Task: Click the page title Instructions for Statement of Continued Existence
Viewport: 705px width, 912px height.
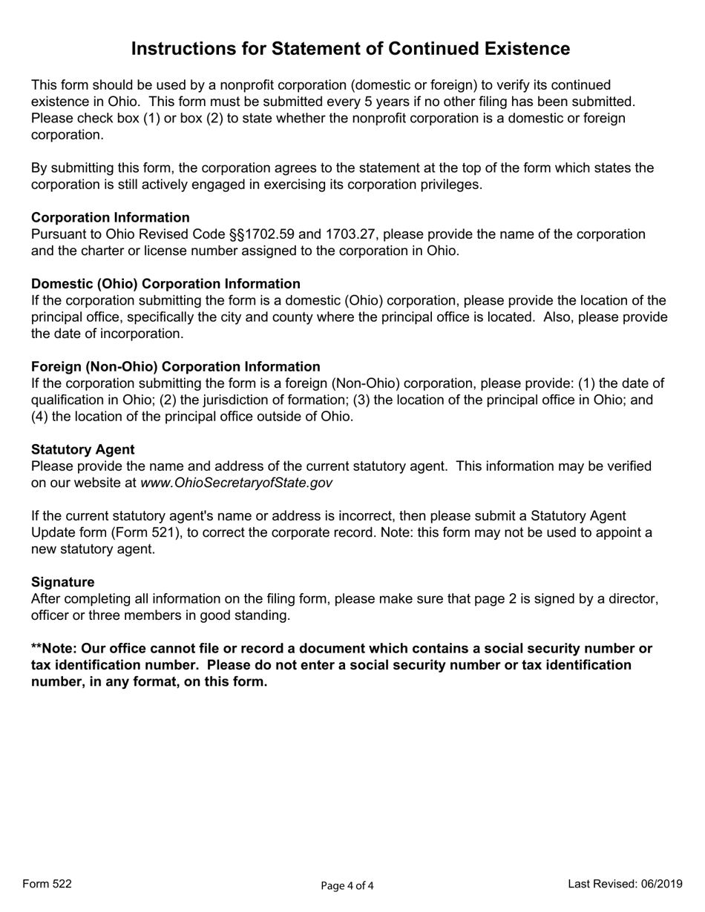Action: [350, 49]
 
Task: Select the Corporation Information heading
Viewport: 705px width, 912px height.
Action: [110, 217]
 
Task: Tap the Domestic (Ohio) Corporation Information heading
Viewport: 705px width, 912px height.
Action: [165, 284]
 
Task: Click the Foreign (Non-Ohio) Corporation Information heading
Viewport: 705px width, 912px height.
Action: [175, 366]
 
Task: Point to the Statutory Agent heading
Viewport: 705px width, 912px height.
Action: [82, 449]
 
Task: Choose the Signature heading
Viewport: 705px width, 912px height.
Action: [62, 582]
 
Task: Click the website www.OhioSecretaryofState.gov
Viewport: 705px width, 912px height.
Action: [236, 483]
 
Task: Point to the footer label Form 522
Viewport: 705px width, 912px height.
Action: [47, 884]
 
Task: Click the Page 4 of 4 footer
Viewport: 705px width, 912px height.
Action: [347, 885]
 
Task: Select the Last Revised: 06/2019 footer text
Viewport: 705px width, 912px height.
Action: [625, 884]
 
